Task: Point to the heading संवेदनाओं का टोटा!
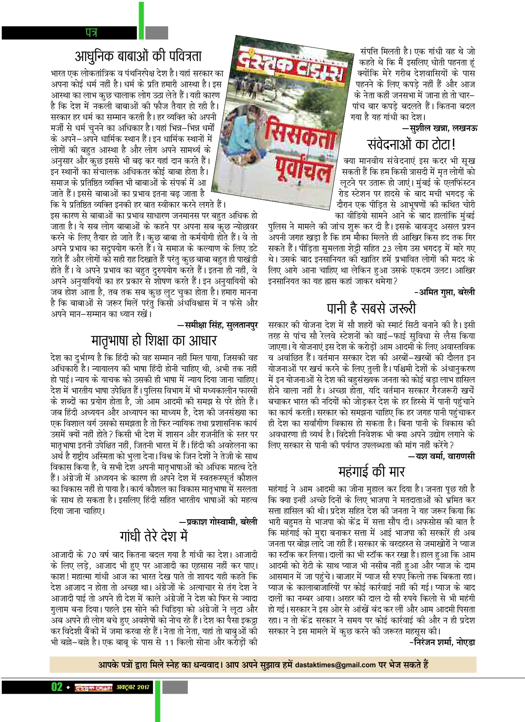(412, 145)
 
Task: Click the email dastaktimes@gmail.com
(335, 665)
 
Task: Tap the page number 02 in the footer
(57, 687)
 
